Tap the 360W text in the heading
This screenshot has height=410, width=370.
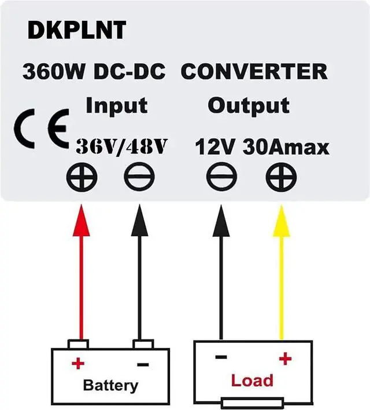(48, 72)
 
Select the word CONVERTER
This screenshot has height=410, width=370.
(254, 72)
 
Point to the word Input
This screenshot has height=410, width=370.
(116, 106)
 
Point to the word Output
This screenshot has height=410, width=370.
(248, 106)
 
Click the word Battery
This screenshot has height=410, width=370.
(110, 385)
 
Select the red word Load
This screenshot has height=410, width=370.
(251, 380)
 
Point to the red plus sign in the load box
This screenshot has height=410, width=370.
(284, 359)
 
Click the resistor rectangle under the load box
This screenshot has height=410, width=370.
(251, 403)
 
